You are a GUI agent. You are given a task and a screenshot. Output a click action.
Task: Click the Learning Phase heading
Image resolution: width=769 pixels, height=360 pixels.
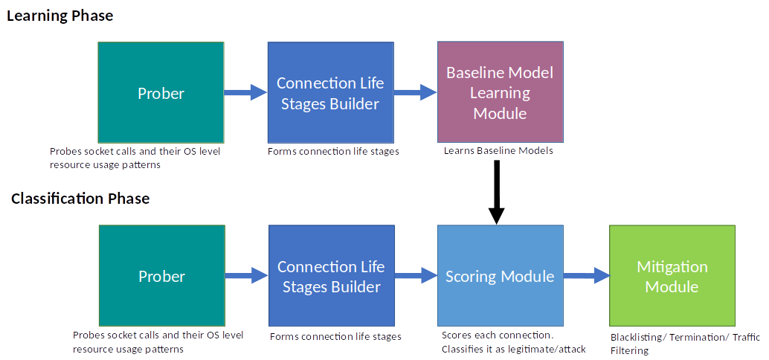[59, 16]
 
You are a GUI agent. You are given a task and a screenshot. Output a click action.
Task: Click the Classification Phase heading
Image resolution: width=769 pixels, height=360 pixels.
[80, 199]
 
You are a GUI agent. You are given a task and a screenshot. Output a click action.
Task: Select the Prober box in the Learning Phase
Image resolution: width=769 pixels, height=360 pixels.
[161, 92]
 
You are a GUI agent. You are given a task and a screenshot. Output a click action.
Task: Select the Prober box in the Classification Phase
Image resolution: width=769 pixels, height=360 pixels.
[162, 276]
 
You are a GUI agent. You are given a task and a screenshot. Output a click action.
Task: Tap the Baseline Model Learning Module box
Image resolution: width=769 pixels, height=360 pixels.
[501, 91]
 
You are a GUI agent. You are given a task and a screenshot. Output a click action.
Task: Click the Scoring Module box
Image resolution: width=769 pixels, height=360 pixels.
[501, 276]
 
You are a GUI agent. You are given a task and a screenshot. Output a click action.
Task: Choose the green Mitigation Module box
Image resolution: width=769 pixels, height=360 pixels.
[672, 276]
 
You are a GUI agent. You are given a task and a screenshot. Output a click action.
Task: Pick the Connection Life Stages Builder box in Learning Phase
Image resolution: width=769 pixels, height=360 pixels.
[330, 92]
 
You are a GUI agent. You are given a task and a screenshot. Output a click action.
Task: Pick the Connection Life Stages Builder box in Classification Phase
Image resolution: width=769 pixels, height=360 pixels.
[332, 276]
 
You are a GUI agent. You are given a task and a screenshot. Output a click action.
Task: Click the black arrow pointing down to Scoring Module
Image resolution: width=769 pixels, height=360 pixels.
[497, 192]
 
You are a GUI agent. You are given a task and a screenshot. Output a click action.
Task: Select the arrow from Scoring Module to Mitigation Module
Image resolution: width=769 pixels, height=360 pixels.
[586, 276]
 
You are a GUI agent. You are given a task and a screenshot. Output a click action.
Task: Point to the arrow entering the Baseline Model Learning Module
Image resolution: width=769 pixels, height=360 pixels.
[416, 92]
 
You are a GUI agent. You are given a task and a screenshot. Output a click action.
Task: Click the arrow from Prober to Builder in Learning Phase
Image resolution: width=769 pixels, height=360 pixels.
[245, 92]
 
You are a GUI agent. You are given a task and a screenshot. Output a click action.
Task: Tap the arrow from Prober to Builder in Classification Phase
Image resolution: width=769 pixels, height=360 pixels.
[247, 276]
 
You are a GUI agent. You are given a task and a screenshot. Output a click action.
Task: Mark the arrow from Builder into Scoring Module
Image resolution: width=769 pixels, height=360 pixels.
[416, 276]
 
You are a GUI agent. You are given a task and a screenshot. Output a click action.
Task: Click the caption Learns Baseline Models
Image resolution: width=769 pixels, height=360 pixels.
[498, 151]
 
